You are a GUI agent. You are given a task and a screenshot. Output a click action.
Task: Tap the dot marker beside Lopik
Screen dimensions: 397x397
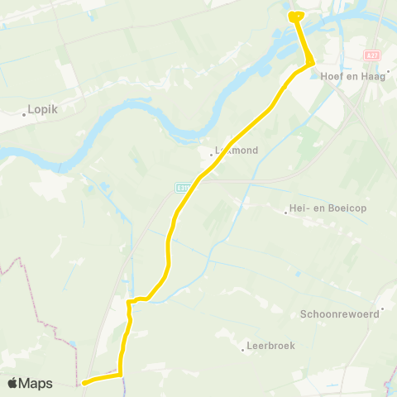click(25, 114)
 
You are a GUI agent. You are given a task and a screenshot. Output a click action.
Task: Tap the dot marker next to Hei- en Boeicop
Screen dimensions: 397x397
click(285, 213)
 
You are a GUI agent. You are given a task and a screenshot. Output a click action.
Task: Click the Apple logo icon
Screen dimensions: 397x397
click(12, 383)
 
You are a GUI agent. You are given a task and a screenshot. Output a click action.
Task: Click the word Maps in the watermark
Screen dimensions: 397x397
click(36, 383)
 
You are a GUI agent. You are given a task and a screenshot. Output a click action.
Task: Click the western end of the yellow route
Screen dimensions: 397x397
click(84, 382)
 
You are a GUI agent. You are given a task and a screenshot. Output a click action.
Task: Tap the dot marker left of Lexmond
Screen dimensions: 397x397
click(210, 151)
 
